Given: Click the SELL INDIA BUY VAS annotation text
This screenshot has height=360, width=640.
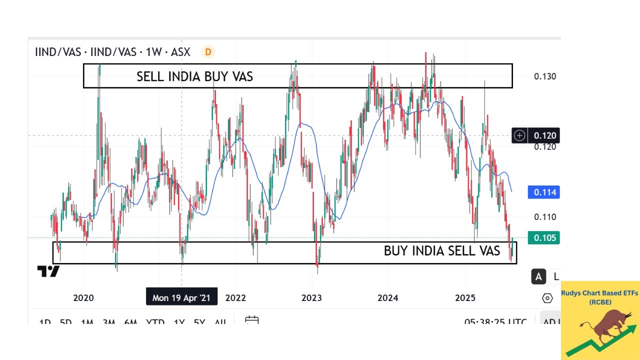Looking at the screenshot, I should point(194,76).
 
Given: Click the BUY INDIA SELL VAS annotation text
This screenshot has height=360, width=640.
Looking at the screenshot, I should point(441,251).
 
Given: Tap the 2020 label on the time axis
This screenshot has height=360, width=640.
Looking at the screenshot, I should point(83,298).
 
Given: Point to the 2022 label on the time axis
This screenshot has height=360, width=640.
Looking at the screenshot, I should point(235,298).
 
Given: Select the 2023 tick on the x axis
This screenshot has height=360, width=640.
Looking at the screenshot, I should point(311,298).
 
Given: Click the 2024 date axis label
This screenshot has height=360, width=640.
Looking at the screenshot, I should point(387,298).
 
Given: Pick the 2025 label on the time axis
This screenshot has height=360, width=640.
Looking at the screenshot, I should point(465,298).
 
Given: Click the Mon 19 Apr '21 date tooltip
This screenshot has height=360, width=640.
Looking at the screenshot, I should point(181,298).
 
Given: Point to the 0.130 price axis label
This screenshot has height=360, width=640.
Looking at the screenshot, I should point(544,76).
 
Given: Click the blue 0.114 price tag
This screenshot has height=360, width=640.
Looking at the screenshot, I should point(544,192).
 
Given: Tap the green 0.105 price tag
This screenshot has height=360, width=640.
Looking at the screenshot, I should point(544,237).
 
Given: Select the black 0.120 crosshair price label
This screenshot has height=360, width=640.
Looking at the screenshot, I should point(544,135).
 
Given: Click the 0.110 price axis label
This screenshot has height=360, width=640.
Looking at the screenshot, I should point(544,217).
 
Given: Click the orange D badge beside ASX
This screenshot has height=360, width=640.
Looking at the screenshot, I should point(208,51).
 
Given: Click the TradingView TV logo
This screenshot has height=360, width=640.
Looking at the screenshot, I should point(48,271).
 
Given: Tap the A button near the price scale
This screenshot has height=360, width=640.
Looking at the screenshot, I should point(538,276).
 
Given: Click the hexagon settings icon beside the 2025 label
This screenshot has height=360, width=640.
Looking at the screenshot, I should point(547,298).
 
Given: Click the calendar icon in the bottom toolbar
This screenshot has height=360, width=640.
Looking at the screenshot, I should point(251,320).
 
